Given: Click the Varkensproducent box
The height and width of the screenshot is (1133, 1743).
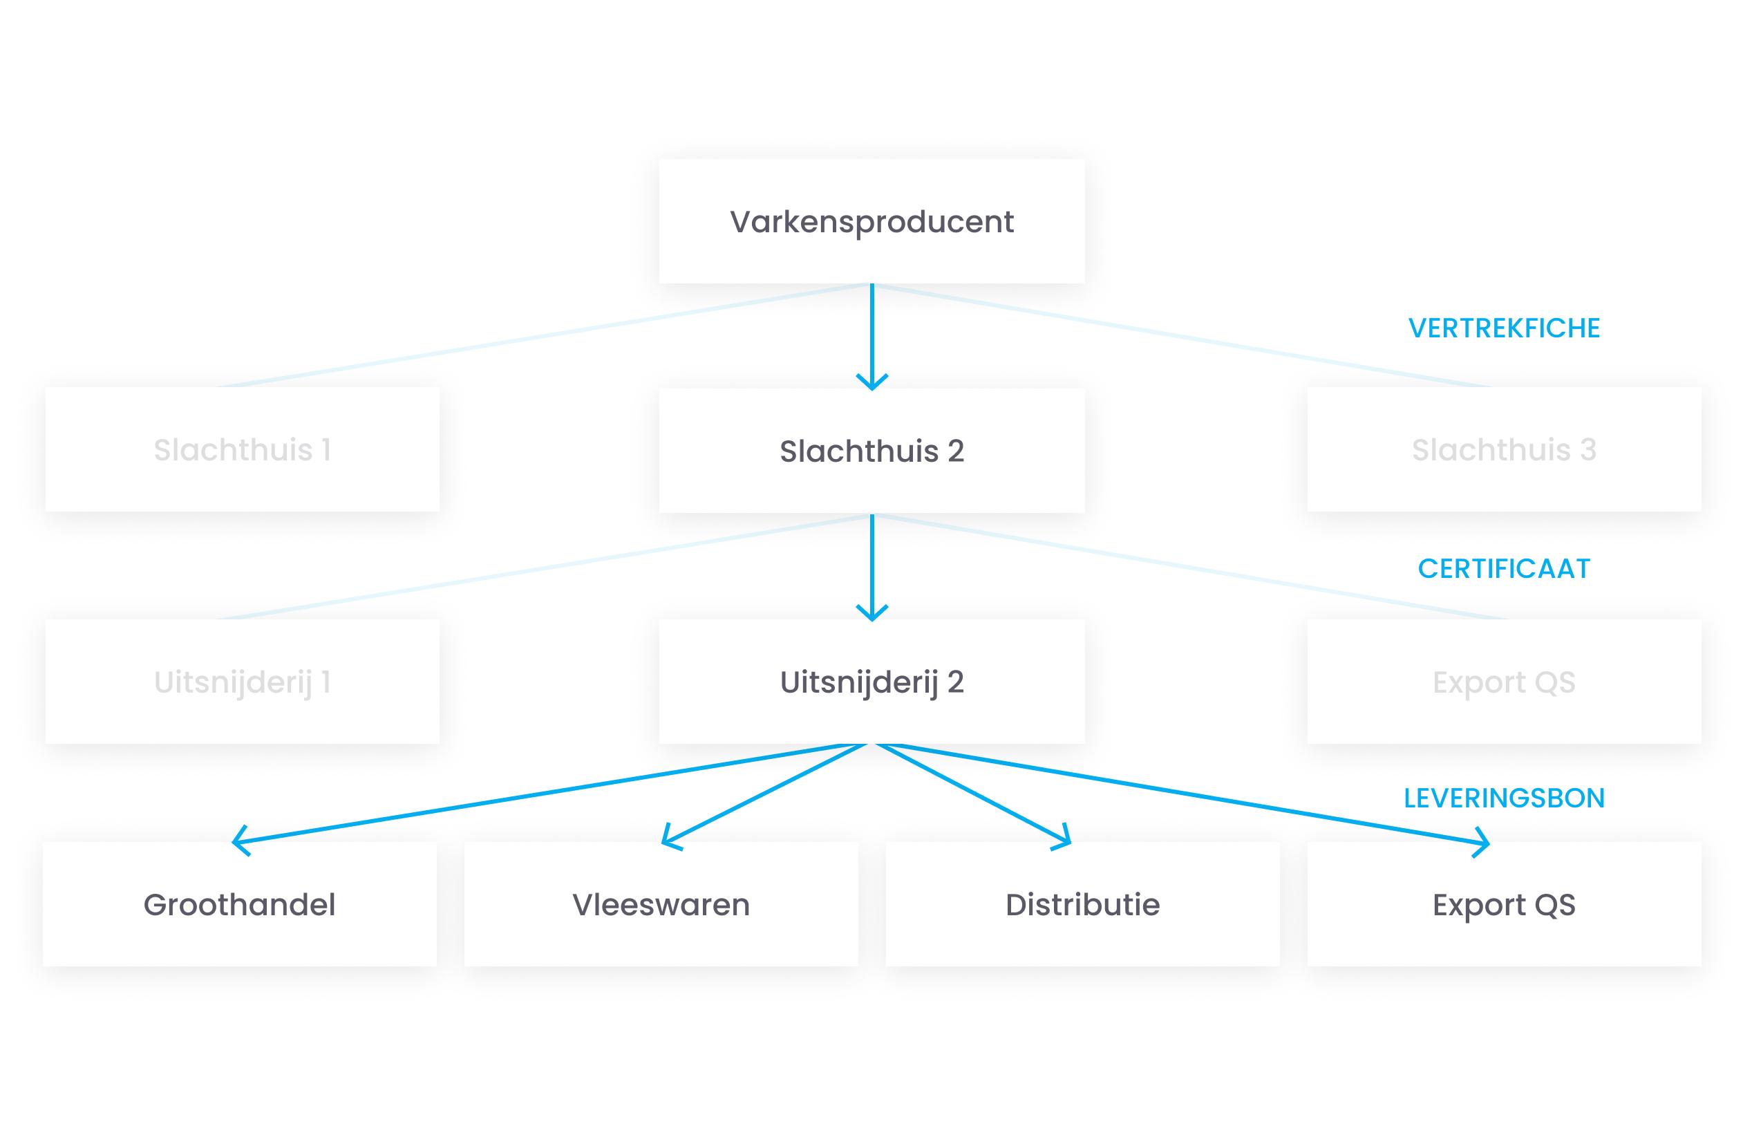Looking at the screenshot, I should click(x=871, y=221).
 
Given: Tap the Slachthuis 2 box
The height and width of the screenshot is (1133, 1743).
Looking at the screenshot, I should click(x=871, y=451).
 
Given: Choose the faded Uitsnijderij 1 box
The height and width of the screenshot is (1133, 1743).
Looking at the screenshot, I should click(x=243, y=681).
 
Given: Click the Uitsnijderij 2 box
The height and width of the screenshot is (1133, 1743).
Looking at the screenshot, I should click(x=871, y=681).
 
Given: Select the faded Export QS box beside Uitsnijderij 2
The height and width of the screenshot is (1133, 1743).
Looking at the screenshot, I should click(x=1503, y=681).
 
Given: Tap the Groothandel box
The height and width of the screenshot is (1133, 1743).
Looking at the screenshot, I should click(x=240, y=903).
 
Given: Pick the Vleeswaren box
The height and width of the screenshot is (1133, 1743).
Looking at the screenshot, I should click(x=661, y=903).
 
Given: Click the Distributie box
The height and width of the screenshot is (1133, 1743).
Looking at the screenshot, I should click(x=1082, y=903).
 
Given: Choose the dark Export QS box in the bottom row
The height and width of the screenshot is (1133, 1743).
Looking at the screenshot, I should click(x=1503, y=903).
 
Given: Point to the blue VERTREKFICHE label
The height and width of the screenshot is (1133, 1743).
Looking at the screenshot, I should click(x=1503, y=328).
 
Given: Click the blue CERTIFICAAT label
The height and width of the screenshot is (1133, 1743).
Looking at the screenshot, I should click(x=1503, y=568).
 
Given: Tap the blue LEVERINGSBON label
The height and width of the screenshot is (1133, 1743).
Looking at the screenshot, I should click(x=1503, y=798).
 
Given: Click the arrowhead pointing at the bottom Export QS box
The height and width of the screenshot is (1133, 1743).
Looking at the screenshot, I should click(x=1484, y=842).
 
